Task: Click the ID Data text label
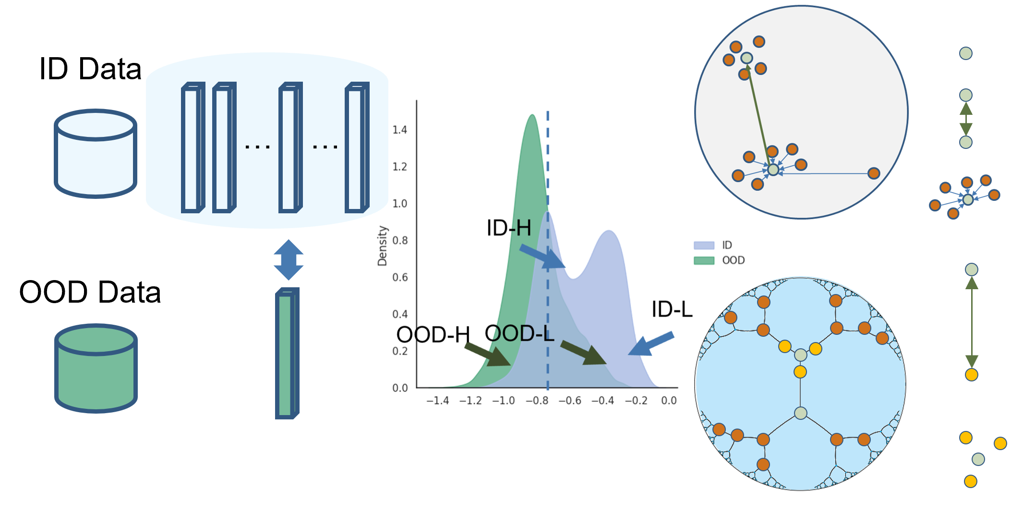(x=90, y=69)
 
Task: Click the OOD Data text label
(x=90, y=292)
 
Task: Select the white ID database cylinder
(x=96, y=154)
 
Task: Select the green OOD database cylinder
(x=96, y=368)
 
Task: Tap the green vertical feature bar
(x=287, y=354)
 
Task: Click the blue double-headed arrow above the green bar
(x=289, y=260)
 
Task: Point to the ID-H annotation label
(x=509, y=228)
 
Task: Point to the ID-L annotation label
(x=672, y=309)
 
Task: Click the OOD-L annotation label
(x=519, y=333)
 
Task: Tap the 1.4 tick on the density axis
(x=399, y=130)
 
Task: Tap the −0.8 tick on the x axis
(x=537, y=401)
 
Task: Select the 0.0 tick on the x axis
(x=669, y=401)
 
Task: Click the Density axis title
(x=382, y=245)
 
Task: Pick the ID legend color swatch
(x=704, y=245)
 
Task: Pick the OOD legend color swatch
(x=704, y=260)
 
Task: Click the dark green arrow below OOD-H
(x=487, y=355)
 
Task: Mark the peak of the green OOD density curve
(x=532, y=115)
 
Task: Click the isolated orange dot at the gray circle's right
(x=874, y=173)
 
